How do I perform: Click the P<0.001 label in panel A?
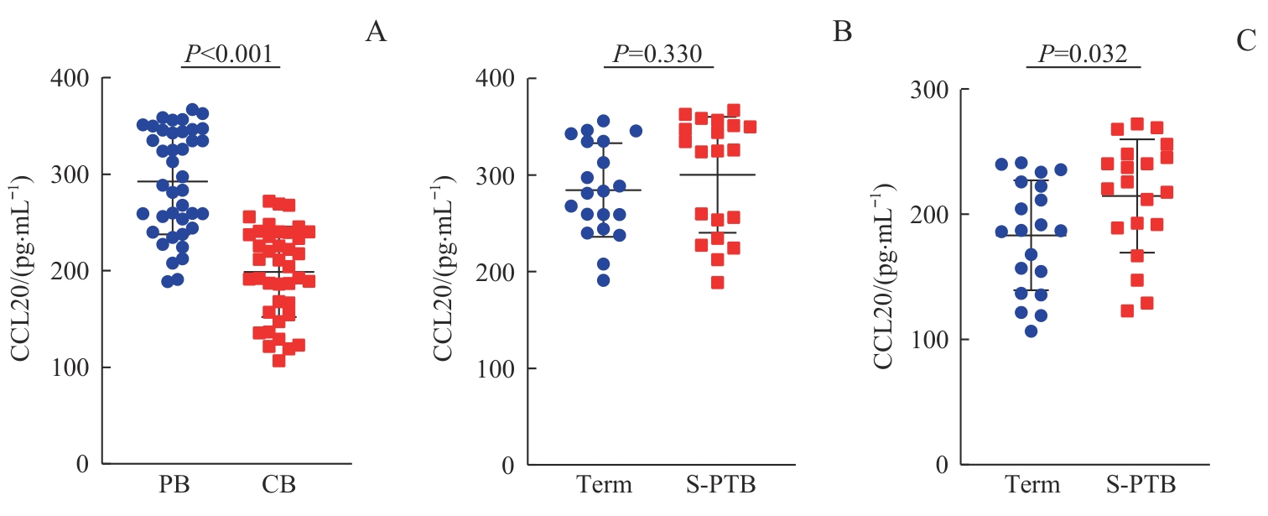point(229,55)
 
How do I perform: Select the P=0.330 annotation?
point(658,55)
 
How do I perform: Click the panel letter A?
point(376,33)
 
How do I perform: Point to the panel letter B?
point(842,33)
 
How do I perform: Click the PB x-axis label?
point(173,486)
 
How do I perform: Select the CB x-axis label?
point(279,486)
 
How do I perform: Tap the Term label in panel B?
point(603,486)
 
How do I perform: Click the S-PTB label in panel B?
point(718,486)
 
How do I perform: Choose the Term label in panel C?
point(1032,486)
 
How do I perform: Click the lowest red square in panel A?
point(279,361)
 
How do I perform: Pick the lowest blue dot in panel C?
point(1031,331)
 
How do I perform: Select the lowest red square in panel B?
point(717,283)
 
